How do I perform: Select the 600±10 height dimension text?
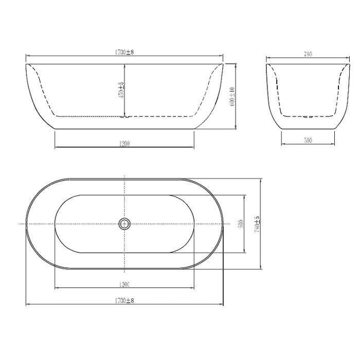click(x=232, y=96)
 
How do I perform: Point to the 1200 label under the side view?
click(x=124, y=143)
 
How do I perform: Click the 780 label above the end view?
click(x=308, y=53)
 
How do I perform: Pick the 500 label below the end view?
click(x=308, y=139)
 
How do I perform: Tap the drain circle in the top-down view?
click(x=124, y=224)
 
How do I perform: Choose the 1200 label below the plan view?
click(x=124, y=284)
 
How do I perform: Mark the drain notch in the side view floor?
click(x=123, y=117)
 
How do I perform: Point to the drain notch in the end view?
click(x=308, y=117)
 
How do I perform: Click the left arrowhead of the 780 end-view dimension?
click(x=267, y=57)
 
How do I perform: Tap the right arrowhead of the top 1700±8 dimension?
click(x=223, y=56)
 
